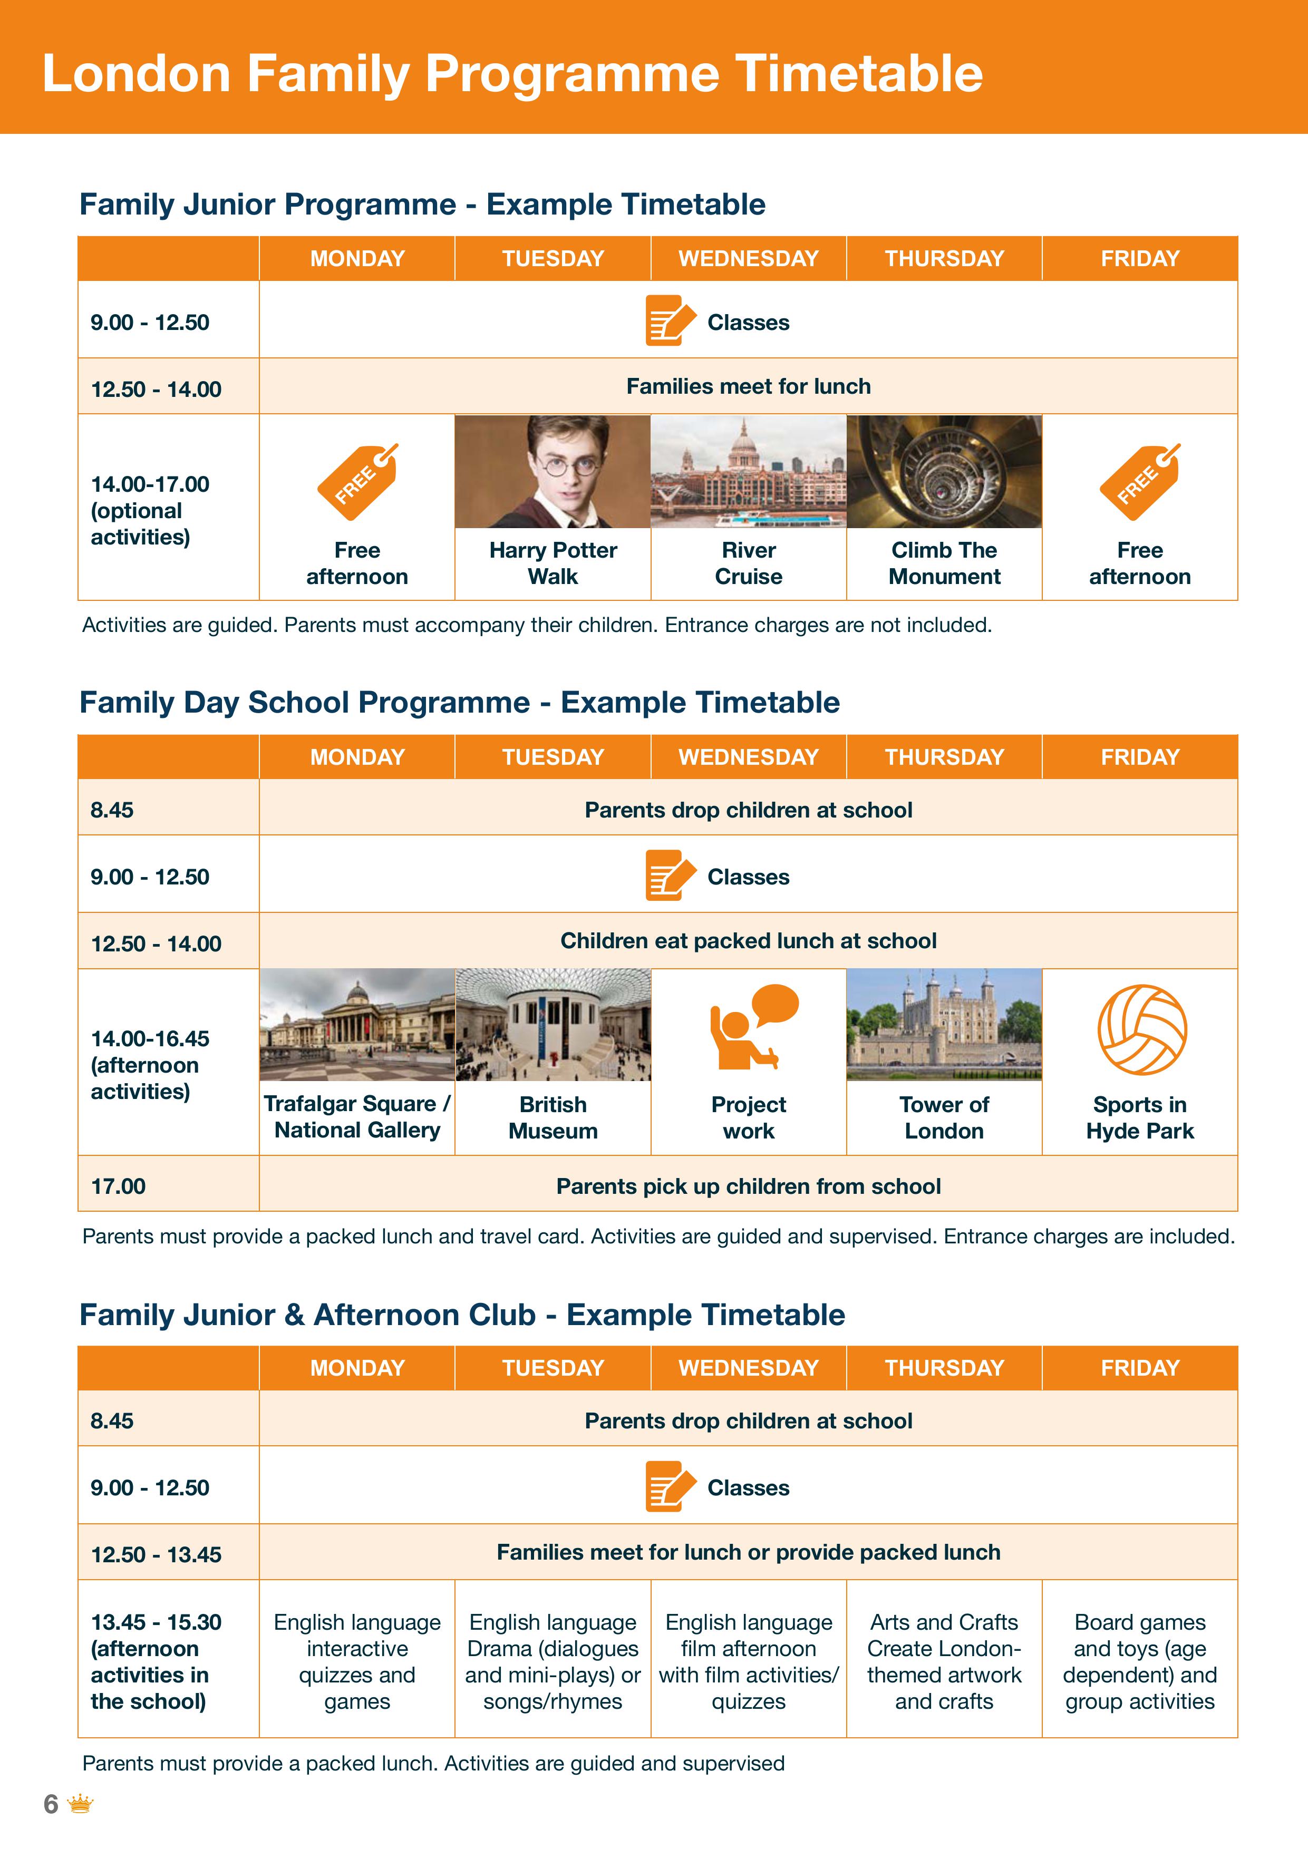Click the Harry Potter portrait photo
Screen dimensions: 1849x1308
click(x=553, y=472)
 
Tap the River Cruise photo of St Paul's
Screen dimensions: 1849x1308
click(x=748, y=472)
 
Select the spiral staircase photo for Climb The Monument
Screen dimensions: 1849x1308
click(x=944, y=472)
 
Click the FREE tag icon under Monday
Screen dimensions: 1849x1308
click(x=357, y=482)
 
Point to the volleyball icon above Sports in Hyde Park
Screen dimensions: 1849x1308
click(x=1141, y=1029)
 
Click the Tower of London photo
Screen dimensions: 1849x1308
click(x=944, y=1024)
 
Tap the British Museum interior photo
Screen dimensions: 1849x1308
click(x=553, y=1024)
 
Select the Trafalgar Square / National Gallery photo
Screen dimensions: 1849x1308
click(x=357, y=1024)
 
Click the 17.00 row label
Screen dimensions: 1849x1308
click(x=119, y=1186)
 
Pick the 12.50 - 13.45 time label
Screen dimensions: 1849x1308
click(x=156, y=1554)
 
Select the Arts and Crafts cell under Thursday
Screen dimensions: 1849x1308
click(x=944, y=1661)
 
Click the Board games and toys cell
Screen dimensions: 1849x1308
click(x=1140, y=1661)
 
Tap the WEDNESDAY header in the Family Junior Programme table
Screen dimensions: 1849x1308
click(x=748, y=258)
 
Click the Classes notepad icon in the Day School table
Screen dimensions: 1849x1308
click(x=668, y=875)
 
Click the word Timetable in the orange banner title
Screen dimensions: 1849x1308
click(x=859, y=74)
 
